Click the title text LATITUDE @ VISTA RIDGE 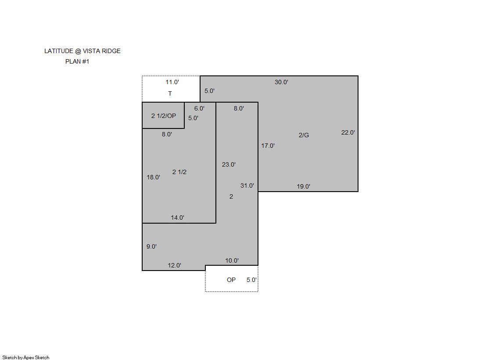coord(82,51)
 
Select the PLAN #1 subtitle coord(77,62)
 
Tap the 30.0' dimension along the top coord(282,82)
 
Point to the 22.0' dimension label coord(348,132)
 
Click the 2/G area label coord(304,135)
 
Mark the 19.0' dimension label coord(304,186)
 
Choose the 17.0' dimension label coord(268,146)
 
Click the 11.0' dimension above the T coord(172,82)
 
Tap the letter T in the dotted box coord(170,93)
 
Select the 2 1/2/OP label coord(164,116)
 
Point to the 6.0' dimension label coord(199,108)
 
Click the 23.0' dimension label coord(229,164)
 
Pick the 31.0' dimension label coord(247,185)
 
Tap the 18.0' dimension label coord(154,177)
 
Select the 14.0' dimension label coord(178,217)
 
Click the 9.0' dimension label coord(151,246)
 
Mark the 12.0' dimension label coord(175,265)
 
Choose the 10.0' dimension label coord(232,260)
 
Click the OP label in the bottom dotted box coord(231,280)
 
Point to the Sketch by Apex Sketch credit coord(26,357)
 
